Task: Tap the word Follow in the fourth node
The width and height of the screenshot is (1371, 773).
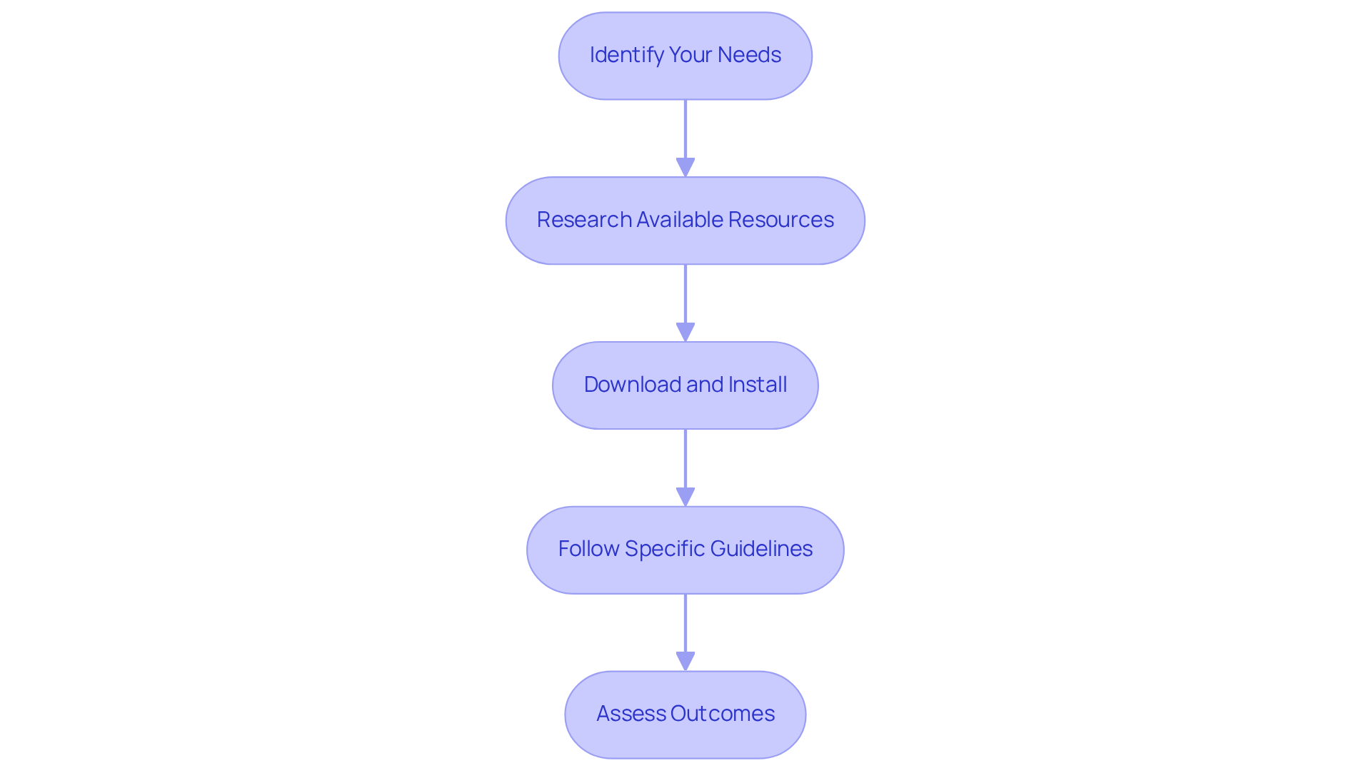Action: pyautogui.click(x=588, y=549)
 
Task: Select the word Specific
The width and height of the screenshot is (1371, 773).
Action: pyautogui.click(x=664, y=549)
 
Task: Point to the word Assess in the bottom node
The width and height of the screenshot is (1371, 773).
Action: pyautogui.click(x=631, y=714)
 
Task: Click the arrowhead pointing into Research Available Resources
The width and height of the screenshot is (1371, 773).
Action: pyautogui.click(x=685, y=168)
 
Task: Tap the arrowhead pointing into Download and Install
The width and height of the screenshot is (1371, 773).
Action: pyautogui.click(x=685, y=333)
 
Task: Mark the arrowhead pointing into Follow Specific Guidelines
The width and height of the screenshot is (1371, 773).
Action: pyautogui.click(x=685, y=497)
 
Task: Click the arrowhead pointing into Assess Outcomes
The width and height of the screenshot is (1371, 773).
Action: pyautogui.click(x=685, y=662)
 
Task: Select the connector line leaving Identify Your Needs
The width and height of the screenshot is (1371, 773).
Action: pyautogui.click(x=685, y=128)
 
